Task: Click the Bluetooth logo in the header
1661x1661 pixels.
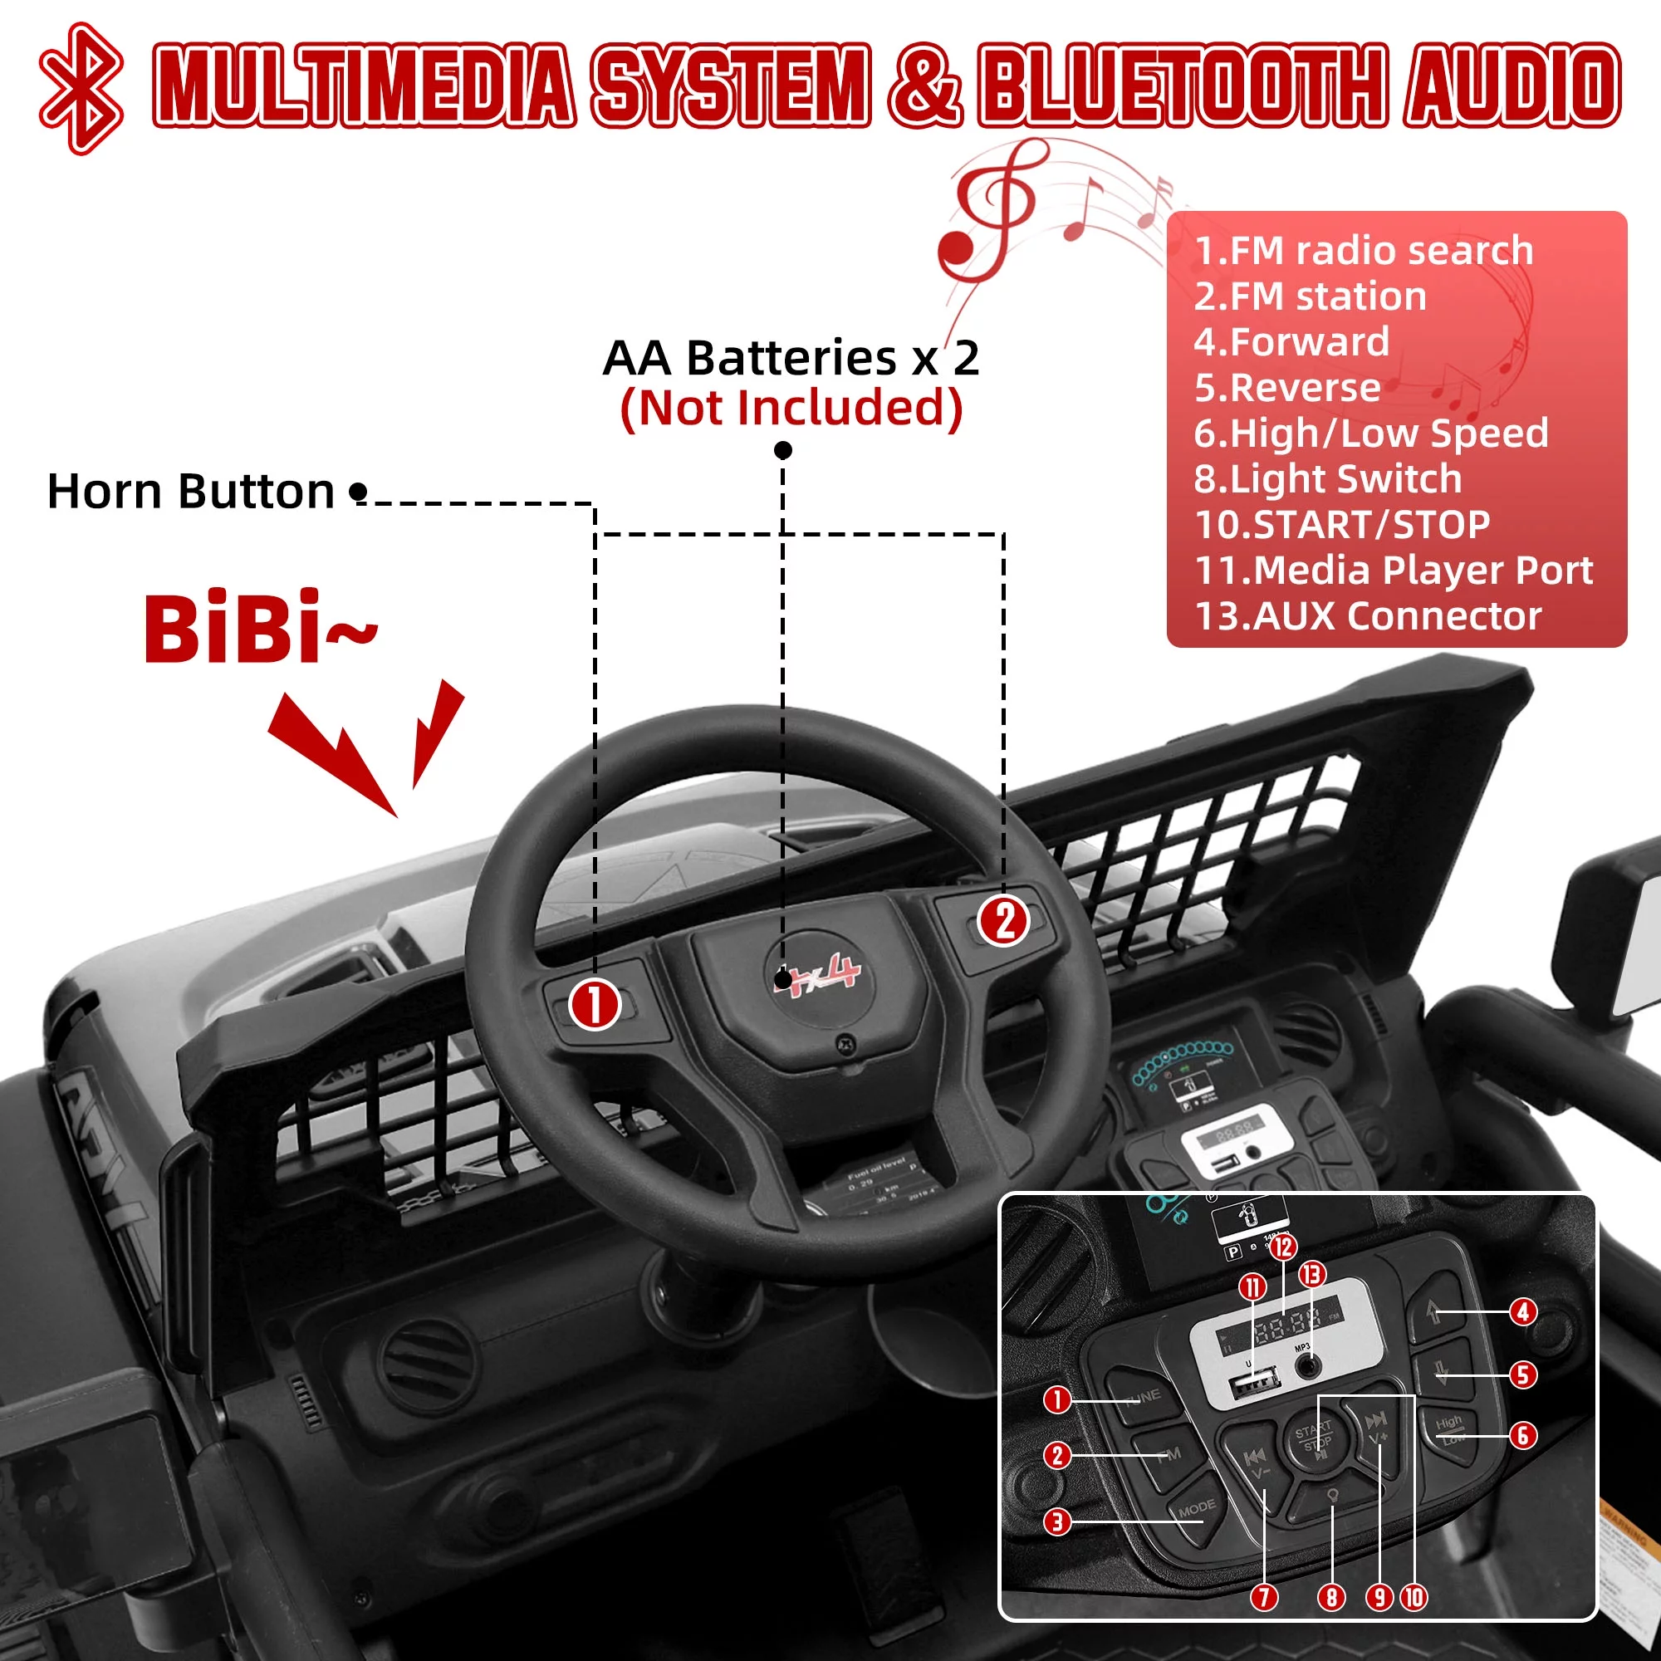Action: coord(81,89)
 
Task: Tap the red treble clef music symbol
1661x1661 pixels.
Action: coord(988,215)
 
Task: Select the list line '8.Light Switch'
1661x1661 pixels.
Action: coord(1327,479)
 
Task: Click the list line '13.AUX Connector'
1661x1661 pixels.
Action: coord(1368,615)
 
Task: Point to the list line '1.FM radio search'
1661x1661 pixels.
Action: coord(1364,250)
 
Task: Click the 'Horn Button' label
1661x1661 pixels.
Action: coord(190,491)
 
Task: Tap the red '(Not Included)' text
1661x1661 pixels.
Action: coord(791,408)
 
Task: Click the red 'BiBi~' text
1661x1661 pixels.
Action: coord(258,630)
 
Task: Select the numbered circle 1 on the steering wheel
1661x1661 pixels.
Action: coord(594,1004)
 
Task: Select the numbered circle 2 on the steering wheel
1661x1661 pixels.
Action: coord(1004,922)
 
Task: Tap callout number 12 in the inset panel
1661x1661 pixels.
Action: coord(1283,1247)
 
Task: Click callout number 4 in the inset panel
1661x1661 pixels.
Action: coord(1523,1312)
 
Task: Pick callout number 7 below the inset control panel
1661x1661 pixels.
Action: coord(1264,1597)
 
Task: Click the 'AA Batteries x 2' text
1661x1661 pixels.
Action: coord(791,357)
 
